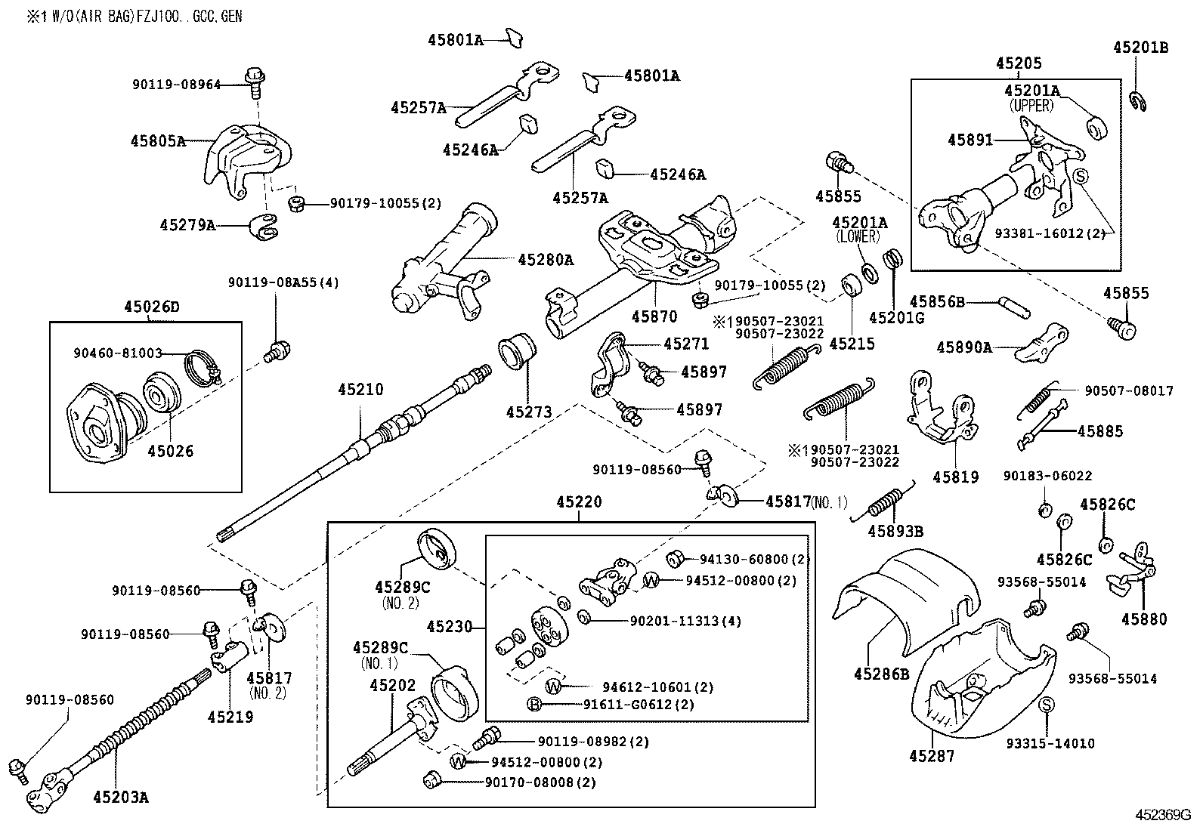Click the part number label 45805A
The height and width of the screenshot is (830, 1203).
(157, 140)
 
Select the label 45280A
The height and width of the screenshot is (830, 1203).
(545, 261)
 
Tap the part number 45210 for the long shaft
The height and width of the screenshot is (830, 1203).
(360, 390)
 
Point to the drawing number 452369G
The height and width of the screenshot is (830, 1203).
(1162, 815)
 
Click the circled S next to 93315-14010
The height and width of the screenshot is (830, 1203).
(1047, 705)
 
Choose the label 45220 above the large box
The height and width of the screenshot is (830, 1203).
(579, 501)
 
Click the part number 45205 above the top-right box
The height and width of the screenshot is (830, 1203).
(1018, 64)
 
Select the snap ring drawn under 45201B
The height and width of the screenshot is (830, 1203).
(1140, 100)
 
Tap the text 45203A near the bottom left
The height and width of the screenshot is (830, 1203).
(121, 795)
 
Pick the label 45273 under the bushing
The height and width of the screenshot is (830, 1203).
(529, 412)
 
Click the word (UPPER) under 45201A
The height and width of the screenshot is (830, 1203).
(1031, 106)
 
